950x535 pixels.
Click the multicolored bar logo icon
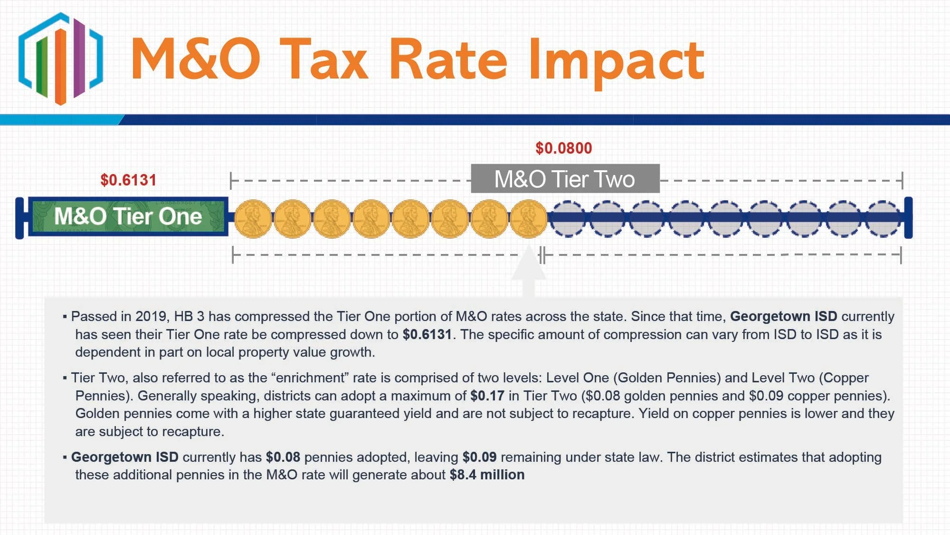pos(60,58)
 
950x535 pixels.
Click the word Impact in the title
pos(617,62)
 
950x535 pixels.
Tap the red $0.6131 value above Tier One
pos(128,180)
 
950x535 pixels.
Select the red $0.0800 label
pos(564,148)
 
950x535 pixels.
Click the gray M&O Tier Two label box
pos(565,179)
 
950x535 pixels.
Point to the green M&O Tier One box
pos(128,216)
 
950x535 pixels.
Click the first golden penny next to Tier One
pos(253,219)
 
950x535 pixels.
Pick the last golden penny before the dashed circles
pos(529,219)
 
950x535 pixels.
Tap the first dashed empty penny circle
pos(568,219)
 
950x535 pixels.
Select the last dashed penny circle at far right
pos(883,219)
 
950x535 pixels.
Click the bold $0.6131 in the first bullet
pos(427,334)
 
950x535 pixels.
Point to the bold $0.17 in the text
pos(487,396)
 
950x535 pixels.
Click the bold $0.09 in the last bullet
pos(480,457)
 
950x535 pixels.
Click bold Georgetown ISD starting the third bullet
pos(125,457)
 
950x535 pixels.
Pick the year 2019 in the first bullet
pos(152,316)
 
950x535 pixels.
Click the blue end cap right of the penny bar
pos(908,218)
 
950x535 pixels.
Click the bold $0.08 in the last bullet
pos(283,457)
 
